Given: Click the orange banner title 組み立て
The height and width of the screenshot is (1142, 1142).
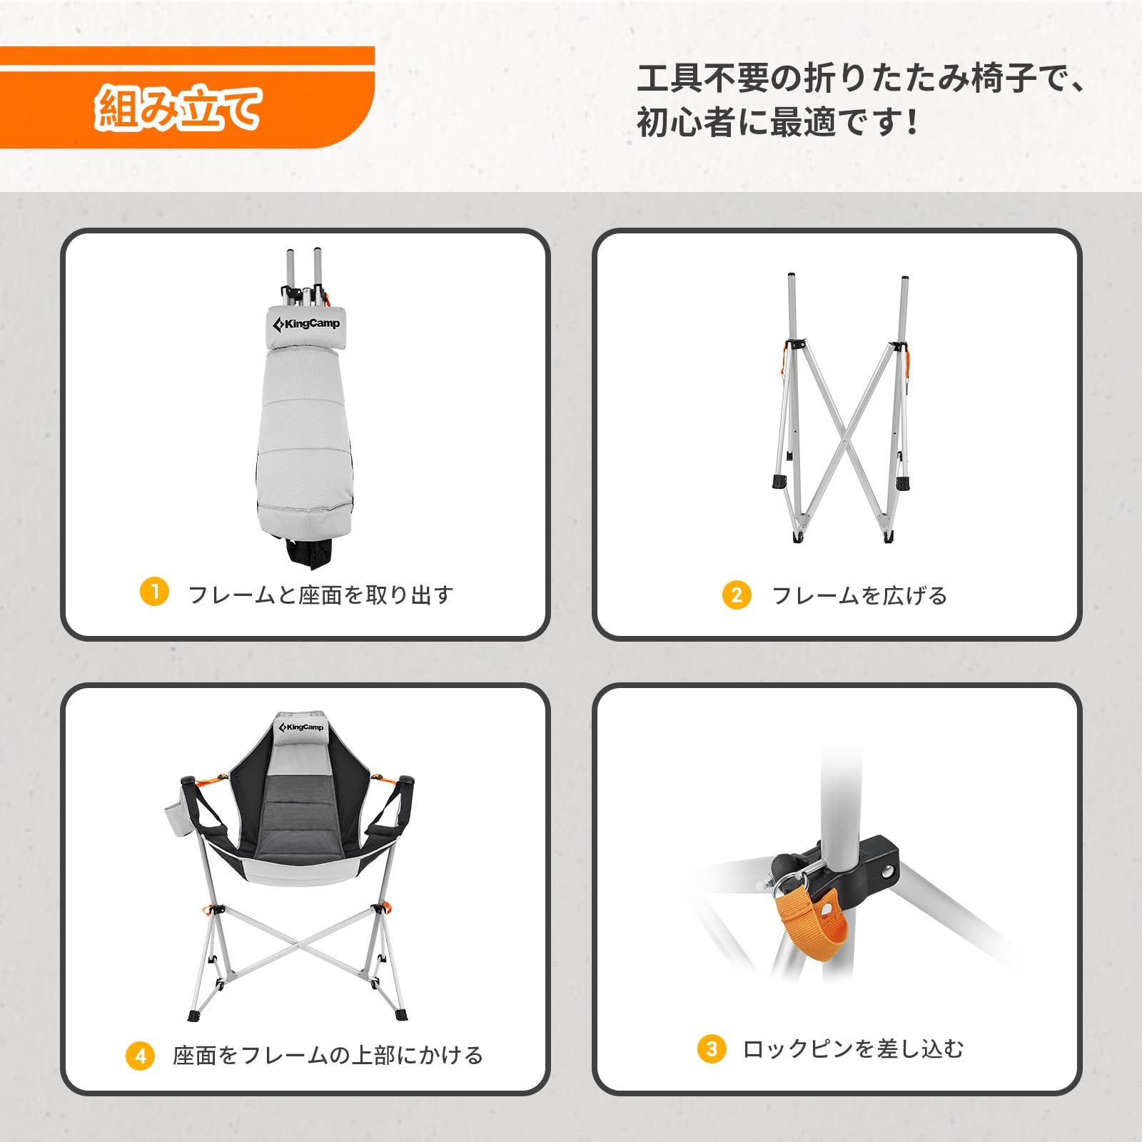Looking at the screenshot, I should [x=178, y=108].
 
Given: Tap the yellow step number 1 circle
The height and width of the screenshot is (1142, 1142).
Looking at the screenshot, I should [x=154, y=592].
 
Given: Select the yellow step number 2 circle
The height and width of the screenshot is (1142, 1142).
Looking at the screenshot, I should [x=737, y=595].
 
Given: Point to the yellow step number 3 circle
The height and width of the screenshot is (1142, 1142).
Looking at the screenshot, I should [x=712, y=1048].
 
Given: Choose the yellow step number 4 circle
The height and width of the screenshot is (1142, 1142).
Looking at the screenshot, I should [x=140, y=1056].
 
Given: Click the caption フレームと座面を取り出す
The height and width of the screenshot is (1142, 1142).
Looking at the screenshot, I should [x=320, y=595].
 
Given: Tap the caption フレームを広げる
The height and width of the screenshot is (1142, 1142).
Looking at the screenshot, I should [x=859, y=595].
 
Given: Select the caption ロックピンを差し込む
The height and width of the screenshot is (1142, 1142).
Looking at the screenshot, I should [x=853, y=1048].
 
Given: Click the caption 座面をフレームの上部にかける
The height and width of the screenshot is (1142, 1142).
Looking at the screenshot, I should [x=328, y=1055].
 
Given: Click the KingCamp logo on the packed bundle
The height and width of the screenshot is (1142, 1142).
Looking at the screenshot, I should [x=306, y=324].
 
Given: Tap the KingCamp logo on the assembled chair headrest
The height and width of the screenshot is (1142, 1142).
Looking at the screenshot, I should [x=301, y=727].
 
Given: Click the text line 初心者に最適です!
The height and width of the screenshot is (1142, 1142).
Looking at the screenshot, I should [x=777, y=122].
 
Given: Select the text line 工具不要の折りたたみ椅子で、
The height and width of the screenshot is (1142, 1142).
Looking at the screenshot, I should [x=860, y=78].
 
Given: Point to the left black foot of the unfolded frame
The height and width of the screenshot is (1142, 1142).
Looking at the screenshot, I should [x=779, y=481].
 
